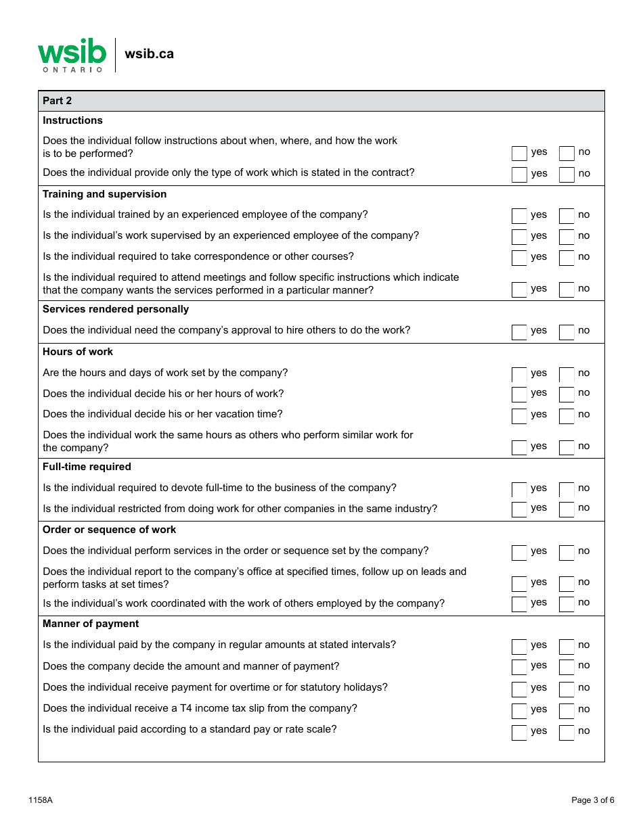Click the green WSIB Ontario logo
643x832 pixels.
pyautogui.click(x=72, y=55)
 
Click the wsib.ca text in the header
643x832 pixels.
pyautogui.click(x=149, y=54)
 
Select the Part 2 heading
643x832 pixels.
pyautogui.click(x=58, y=101)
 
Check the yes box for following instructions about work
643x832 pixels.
pyautogui.click(x=519, y=154)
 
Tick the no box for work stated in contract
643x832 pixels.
pyautogui.click(x=567, y=175)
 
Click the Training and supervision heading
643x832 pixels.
pyautogui.click(x=104, y=194)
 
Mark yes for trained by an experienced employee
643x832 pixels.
pyautogui.click(x=519, y=216)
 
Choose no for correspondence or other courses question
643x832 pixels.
pyautogui.click(x=567, y=258)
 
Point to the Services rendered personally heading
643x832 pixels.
pyautogui.click(x=116, y=309)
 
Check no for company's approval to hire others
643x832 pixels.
pyautogui.click(x=567, y=331)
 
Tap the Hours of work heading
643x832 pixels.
pyautogui.click(x=78, y=352)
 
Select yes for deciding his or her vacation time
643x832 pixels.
pyautogui.click(x=519, y=415)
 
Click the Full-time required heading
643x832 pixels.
pyautogui.click(x=87, y=467)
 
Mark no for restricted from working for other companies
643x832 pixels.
pyautogui.click(x=567, y=509)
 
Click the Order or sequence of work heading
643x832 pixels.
pyautogui.click(x=109, y=530)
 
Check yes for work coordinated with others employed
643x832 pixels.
pyautogui.click(x=519, y=603)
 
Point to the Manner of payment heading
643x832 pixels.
pyautogui.click(x=91, y=624)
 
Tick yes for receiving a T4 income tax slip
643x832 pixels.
pyautogui.click(x=519, y=710)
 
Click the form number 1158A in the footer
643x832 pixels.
pyautogui.click(x=41, y=800)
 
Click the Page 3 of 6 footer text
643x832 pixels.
pyautogui.click(x=593, y=800)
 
